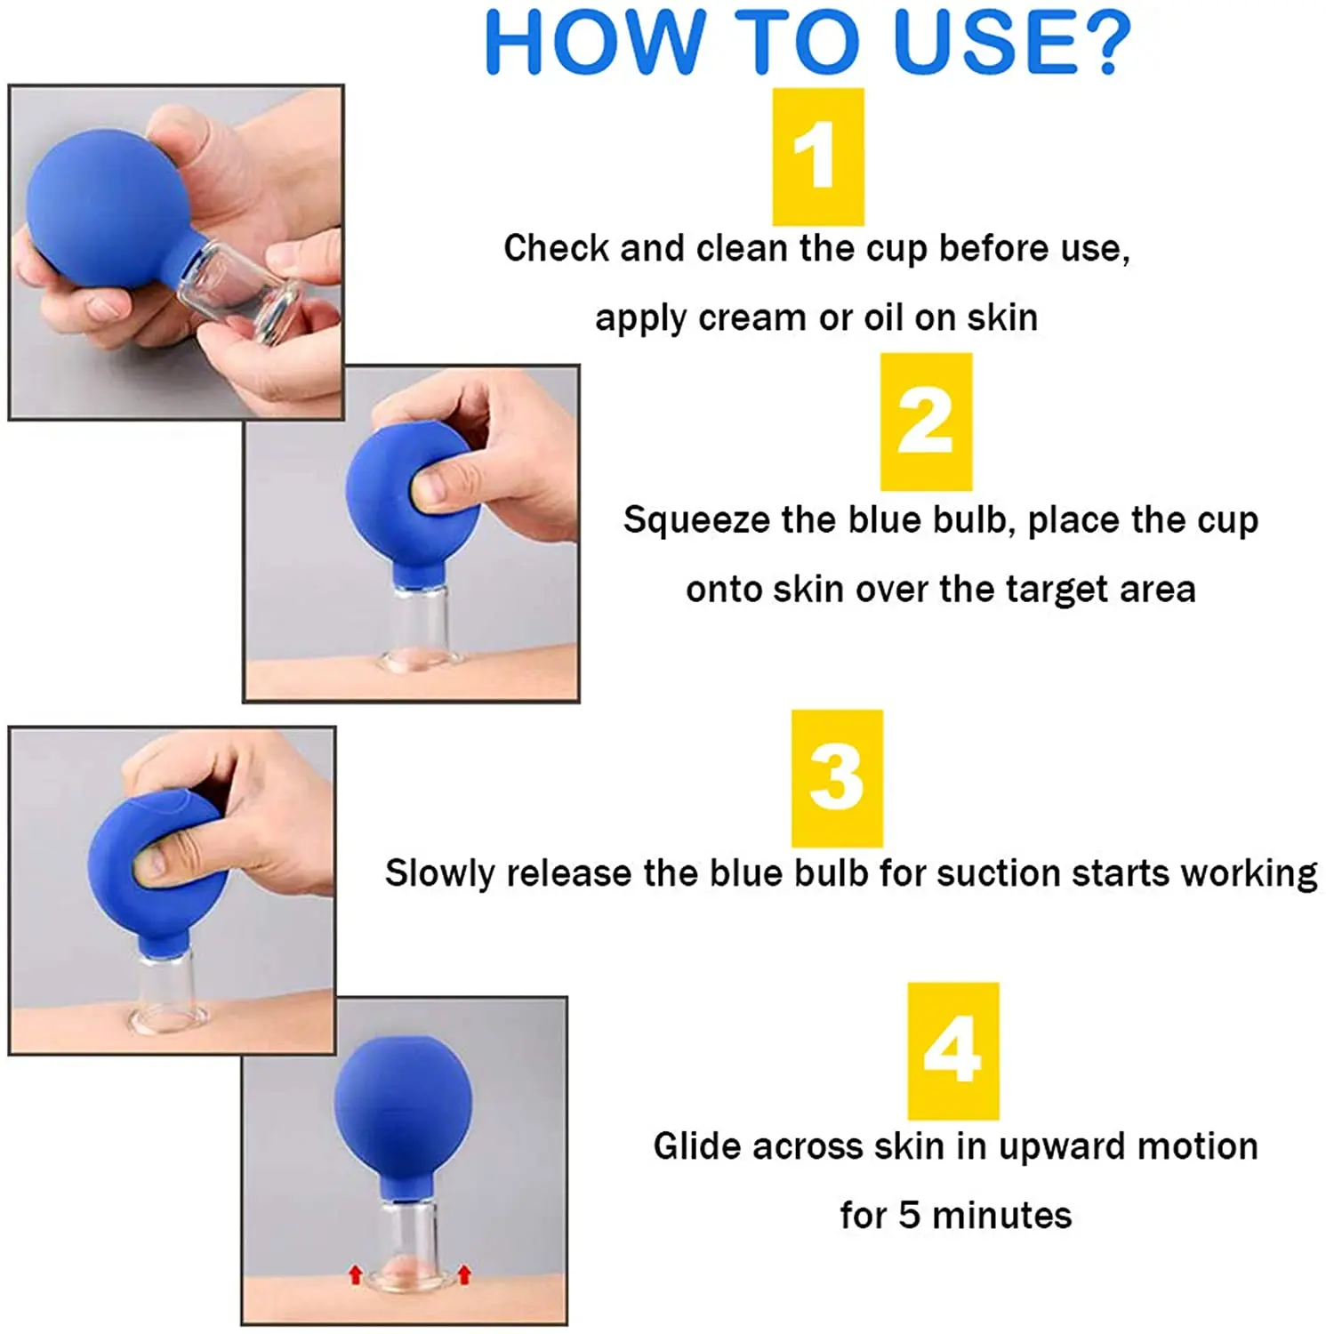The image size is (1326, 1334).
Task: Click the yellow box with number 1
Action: [817, 157]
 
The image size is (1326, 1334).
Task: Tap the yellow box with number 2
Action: [926, 422]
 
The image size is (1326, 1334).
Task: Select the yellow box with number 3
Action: [837, 778]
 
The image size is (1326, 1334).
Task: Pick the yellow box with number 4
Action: [953, 1051]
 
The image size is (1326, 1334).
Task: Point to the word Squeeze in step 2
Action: [696, 521]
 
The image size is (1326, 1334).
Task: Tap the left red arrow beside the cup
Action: [356, 1275]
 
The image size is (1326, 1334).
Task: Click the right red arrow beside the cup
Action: [463, 1275]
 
